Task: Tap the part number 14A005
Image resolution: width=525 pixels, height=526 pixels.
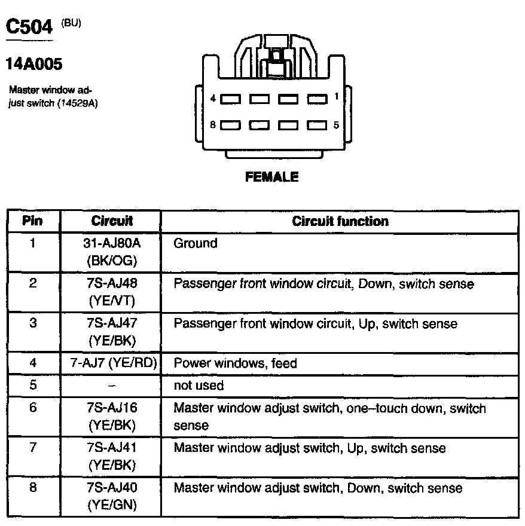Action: (34, 63)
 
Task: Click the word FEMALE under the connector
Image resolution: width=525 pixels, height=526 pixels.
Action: (271, 177)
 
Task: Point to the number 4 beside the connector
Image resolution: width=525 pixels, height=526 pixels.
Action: (213, 98)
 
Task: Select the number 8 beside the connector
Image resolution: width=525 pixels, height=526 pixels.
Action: (213, 125)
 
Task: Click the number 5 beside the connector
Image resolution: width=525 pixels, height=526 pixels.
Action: (336, 125)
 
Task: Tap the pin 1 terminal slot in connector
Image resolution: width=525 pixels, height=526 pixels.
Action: (317, 98)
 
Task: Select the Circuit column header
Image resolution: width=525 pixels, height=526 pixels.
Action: (112, 221)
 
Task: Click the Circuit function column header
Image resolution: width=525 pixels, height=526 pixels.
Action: (340, 221)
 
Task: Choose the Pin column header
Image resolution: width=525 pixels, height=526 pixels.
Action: (32, 221)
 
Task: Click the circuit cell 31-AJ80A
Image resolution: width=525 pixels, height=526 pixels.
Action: (112, 244)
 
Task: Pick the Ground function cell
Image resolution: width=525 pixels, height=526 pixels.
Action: (195, 244)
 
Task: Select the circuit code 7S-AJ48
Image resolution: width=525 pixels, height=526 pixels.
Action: (112, 284)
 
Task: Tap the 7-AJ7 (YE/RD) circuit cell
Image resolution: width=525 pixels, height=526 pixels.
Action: (112, 363)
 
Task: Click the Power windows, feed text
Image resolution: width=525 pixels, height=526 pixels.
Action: (235, 363)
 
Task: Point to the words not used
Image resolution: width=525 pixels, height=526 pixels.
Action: (199, 386)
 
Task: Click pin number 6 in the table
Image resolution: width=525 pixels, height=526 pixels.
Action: (32, 408)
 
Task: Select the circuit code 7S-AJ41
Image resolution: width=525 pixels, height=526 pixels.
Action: (112, 448)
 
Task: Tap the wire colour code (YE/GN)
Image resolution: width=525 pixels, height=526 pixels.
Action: (112, 505)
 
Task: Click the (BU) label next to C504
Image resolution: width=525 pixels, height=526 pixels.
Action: (71, 23)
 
